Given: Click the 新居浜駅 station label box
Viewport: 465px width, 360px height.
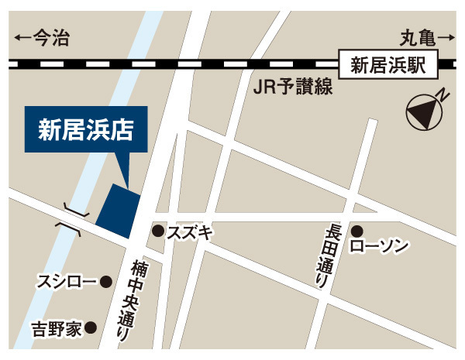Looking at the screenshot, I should click(x=388, y=64).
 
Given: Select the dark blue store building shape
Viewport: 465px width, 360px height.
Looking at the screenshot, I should click(x=119, y=211).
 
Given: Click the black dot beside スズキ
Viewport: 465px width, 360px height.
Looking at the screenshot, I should click(x=157, y=230).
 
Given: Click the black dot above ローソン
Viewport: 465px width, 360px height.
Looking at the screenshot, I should click(x=357, y=231).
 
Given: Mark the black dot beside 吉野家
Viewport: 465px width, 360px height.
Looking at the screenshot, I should click(x=91, y=327).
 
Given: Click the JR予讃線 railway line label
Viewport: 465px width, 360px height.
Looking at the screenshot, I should click(x=292, y=87).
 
